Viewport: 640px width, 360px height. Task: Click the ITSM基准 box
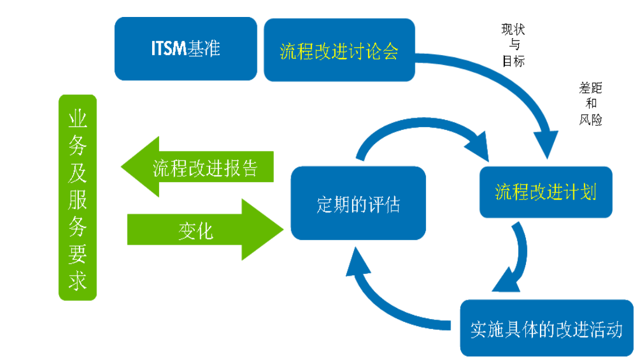pyautogui.click(x=185, y=49)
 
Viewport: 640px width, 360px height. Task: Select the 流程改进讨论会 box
pyautogui.click(x=339, y=52)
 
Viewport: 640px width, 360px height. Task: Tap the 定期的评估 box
pyautogui.click(x=358, y=204)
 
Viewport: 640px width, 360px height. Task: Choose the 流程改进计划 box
pyautogui.click(x=545, y=192)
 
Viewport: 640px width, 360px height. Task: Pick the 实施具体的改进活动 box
pyautogui.click(x=546, y=328)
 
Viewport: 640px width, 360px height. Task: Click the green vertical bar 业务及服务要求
pyautogui.click(x=78, y=198)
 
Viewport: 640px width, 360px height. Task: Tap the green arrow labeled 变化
pyautogui.click(x=205, y=230)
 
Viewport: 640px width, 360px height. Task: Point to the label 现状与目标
pyautogui.click(x=513, y=45)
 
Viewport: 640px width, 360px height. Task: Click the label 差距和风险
pyautogui.click(x=590, y=104)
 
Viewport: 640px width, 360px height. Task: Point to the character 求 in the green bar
pyautogui.click(x=78, y=281)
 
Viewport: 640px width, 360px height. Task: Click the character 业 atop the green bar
pyautogui.click(x=78, y=120)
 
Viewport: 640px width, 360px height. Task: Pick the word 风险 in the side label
pyautogui.click(x=590, y=120)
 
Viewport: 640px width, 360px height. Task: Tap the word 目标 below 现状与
pyautogui.click(x=513, y=61)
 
